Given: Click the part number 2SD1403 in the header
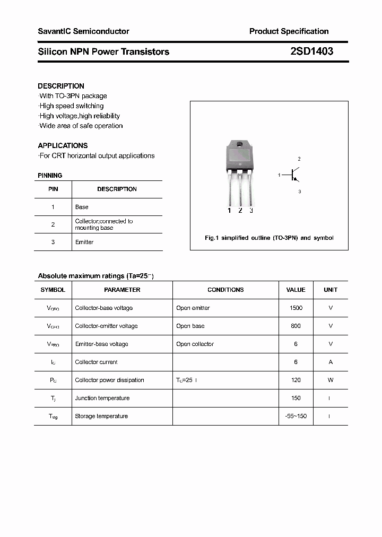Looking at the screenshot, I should coord(311,51).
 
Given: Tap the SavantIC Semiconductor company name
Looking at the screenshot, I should coord(83,31).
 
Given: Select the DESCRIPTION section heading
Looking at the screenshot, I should coord(61,86).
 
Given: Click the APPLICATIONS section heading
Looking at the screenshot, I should coord(63,145).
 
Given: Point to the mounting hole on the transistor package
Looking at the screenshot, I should coord(240,145).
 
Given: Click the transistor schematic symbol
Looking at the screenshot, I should coord(293,175).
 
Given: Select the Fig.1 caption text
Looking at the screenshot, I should coord(269,238).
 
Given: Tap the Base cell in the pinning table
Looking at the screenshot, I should coord(82,207).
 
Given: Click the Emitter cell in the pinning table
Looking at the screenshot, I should coord(84,242).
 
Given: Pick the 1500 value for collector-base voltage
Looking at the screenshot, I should coord(296,308).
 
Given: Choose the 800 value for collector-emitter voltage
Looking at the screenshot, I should coord(296,326).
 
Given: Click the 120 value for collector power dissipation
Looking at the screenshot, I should coord(296,380).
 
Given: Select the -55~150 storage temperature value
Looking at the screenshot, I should coord(296,416).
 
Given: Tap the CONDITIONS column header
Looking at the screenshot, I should coord(225,290).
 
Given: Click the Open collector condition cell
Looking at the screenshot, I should coord(195,344).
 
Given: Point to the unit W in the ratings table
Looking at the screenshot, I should coord(331,380).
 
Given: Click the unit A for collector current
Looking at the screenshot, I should coord(331,362).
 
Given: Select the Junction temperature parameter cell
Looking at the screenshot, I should coord(102,398).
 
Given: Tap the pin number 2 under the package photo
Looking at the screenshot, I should coord(240,211).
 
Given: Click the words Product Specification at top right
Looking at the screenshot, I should coord(289,31).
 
